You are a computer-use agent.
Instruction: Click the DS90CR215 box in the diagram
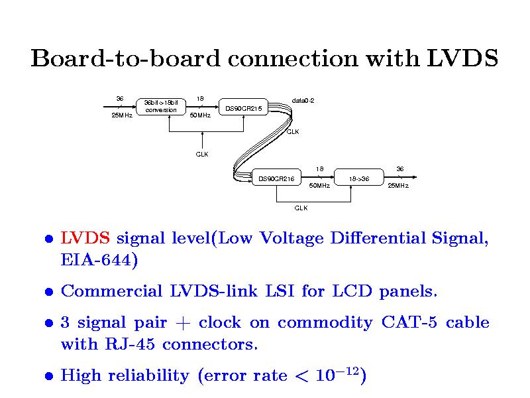(x=243, y=108)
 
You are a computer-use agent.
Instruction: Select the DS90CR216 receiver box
(x=276, y=178)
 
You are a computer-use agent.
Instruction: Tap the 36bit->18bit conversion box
(x=161, y=106)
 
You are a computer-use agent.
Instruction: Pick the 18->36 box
(x=358, y=178)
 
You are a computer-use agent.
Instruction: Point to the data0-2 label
(x=303, y=101)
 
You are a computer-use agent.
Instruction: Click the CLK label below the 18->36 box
(x=301, y=208)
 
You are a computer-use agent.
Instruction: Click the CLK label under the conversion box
(x=202, y=155)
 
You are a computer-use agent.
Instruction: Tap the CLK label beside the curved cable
(x=292, y=131)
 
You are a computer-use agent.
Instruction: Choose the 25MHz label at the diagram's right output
(x=397, y=186)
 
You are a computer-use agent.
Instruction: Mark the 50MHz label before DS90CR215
(x=199, y=115)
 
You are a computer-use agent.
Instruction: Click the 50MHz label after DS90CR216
(x=319, y=186)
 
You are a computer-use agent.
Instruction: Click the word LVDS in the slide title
(x=461, y=59)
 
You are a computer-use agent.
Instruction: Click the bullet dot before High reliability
(x=49, y=377)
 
